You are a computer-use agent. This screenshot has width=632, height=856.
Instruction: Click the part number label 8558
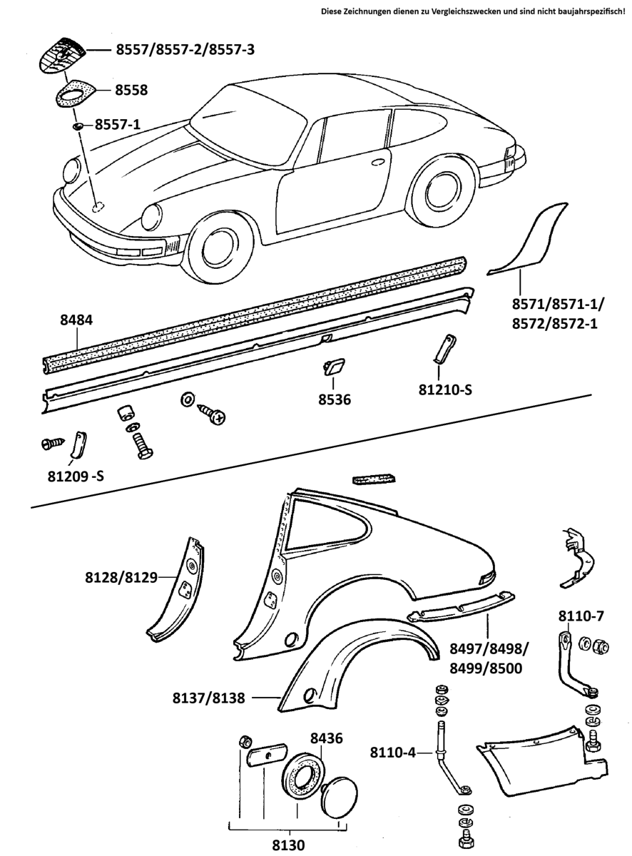pos(132,90)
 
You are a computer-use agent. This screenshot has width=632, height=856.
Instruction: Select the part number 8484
pos(76,322)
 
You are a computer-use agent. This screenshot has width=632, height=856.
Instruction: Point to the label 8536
pos(335,400)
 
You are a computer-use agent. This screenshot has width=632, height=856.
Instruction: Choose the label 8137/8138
pos(208,698)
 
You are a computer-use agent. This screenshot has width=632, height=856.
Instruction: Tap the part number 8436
pos(326,738)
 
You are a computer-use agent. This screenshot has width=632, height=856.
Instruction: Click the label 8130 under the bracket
pos(288,845)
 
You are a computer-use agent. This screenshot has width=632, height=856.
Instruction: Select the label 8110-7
pos(581,616)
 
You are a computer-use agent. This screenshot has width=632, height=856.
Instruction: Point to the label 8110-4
pos(393,753)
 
